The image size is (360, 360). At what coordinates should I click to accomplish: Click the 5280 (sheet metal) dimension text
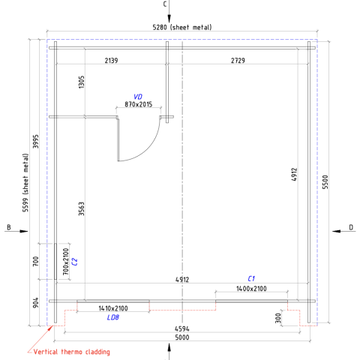coord(182,27)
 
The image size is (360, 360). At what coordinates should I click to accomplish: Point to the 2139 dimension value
coord(111,61)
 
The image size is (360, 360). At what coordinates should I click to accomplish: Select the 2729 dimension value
coord(238,61)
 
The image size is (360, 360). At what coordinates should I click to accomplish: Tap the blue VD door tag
coord(138,97)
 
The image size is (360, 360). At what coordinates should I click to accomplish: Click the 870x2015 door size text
coord(139,104)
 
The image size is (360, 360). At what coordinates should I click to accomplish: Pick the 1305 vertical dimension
coord(82,82)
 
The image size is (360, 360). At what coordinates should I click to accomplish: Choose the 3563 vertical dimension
coord(82,209)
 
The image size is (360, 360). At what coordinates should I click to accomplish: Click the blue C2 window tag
coord(74,262)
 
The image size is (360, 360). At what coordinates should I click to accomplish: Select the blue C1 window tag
coord(251,278)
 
